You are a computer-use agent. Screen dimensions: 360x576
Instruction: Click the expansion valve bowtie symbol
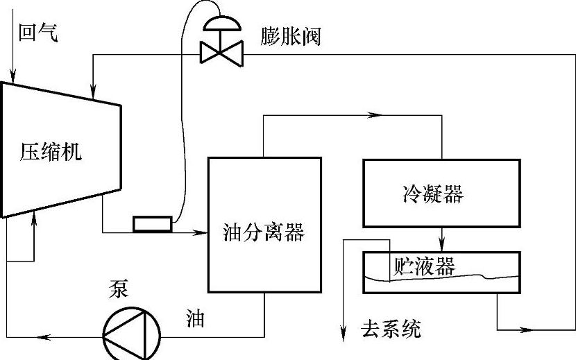click(220, 53)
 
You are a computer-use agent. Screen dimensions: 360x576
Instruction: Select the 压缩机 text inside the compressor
click(50, 152)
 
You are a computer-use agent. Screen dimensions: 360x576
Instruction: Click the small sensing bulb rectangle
click(153, 223)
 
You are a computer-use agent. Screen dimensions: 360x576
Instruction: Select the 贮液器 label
click(424, 266)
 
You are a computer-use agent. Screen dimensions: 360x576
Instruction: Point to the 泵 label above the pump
click(118, 288)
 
